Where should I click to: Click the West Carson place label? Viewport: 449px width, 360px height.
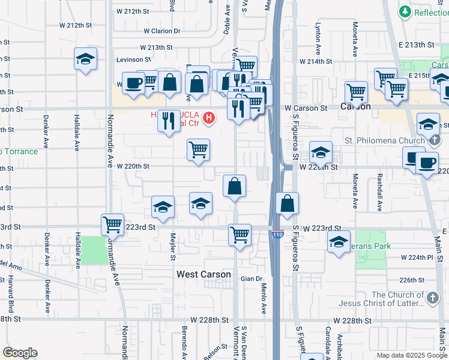tap(203, 274)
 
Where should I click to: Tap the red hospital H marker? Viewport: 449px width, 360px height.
tap(209, 118)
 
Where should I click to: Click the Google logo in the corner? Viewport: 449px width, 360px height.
tap(20, 353)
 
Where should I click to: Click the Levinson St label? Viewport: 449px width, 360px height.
tap(134, 59)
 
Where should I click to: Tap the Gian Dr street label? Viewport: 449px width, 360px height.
tap(252, 278)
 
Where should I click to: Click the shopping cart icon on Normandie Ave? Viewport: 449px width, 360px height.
tap(112, 225)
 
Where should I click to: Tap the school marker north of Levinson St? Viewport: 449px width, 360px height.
tap(85, 59)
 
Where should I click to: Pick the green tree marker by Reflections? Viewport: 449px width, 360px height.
tap(406, 12)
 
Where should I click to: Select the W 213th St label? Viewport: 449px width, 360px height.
tap(157, 47)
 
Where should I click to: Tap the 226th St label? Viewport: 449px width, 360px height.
tap(412, 280)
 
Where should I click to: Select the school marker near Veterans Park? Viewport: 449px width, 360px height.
tap(339, 242)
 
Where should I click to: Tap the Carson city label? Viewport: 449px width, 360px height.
tap(355, 106)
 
